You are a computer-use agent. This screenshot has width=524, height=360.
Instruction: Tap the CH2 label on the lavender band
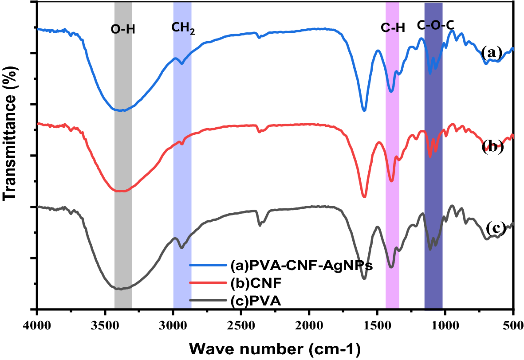[x=183, y=29]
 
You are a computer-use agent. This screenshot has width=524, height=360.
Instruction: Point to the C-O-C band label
[x=435, y=26]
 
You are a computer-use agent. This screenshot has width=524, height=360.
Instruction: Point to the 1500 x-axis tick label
[x=377, y=322]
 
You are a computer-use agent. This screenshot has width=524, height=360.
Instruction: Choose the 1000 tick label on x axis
[x=445, y=322]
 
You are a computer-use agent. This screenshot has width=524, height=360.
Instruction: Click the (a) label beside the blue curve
[x=492, y=53]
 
